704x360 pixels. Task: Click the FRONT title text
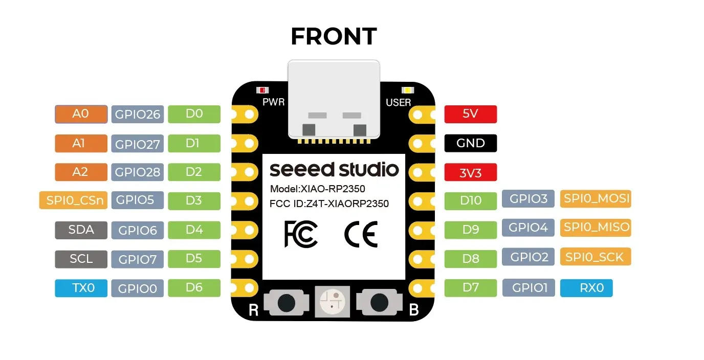coord(334,37)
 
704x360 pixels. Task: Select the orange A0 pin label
coord(81,114)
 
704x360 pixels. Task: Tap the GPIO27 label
coord(137,144)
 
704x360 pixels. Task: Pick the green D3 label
coord(194,200)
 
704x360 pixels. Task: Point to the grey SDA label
coord(81,230)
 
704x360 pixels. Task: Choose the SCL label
coord(81,259)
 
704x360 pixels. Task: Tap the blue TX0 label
coord(81,288)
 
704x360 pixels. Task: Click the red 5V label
coord(470,114)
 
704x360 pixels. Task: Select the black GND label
coord(470,143)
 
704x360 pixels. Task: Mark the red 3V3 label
coord(470,173)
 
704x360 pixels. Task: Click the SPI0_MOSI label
coord(596,198)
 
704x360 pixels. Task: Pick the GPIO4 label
coord(528,228)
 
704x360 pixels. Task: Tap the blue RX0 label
coord(586,288)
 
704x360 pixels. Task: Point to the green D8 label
coord(470,259)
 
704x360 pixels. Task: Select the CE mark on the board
coord(361,234)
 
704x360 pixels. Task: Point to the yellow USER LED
coord(407,91)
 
